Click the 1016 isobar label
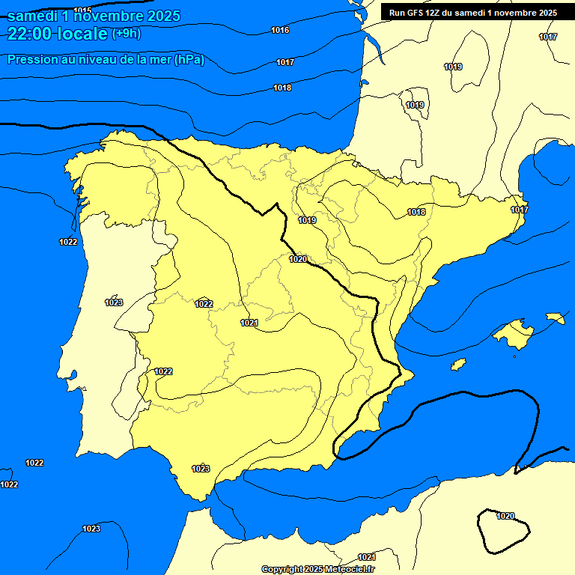(280, 30)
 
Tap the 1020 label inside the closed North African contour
(505, 516)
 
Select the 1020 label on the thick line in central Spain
(298, 259)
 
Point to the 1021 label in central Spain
(249, 323)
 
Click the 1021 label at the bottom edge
(366, 557)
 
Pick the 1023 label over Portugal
(114, 302)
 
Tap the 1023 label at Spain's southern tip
(201, 469)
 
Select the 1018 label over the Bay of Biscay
(282, 88)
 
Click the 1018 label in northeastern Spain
(416, 213)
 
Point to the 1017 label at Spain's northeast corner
(520, 210)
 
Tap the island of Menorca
(556, 318)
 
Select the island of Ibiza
(458, 364)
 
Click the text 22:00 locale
(57, 32)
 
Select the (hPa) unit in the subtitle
(189, 60)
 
